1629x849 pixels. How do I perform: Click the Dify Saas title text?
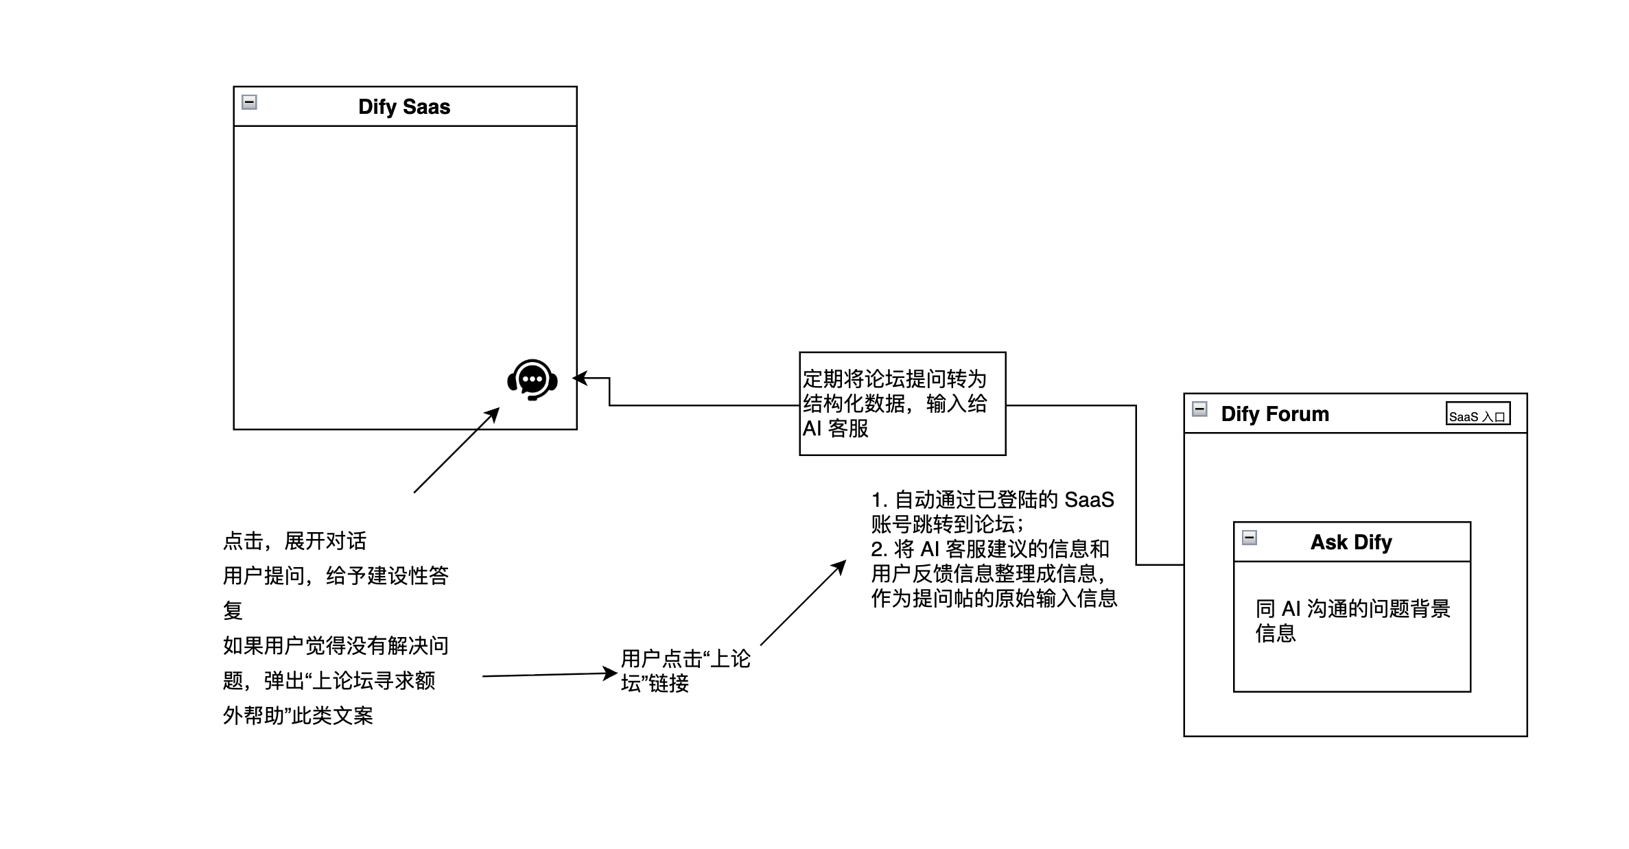pos(404,107)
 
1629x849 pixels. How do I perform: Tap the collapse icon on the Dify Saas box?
pos(250,103)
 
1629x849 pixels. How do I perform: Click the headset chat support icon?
pos(532,379)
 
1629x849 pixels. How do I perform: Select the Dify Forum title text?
pos(1275,414)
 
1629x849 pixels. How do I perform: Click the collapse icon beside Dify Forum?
pos(1199,409)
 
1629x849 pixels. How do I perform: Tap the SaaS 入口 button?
pos(1477,414)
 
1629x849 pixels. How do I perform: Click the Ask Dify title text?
pos(1351,542)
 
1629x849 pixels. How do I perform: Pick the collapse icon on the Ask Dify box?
pos(1250,538)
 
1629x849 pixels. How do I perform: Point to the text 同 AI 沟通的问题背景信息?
pos(1352,620)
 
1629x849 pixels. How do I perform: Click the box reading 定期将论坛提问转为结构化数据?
pos(902,403)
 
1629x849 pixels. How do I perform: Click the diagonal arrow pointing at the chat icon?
pos(456,450)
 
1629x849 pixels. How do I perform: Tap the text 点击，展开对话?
pos(295,541)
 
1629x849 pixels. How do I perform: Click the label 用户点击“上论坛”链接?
pos(685,671)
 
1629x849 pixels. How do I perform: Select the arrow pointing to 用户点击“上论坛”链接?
pos(549,675)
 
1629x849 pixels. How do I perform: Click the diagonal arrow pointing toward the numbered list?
pos(803,603)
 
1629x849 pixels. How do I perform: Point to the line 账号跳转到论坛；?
pos(948,525)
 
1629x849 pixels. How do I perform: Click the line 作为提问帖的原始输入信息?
pos(994,599)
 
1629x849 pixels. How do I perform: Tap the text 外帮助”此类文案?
pos(298,716)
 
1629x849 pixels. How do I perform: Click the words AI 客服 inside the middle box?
pos(836,429)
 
